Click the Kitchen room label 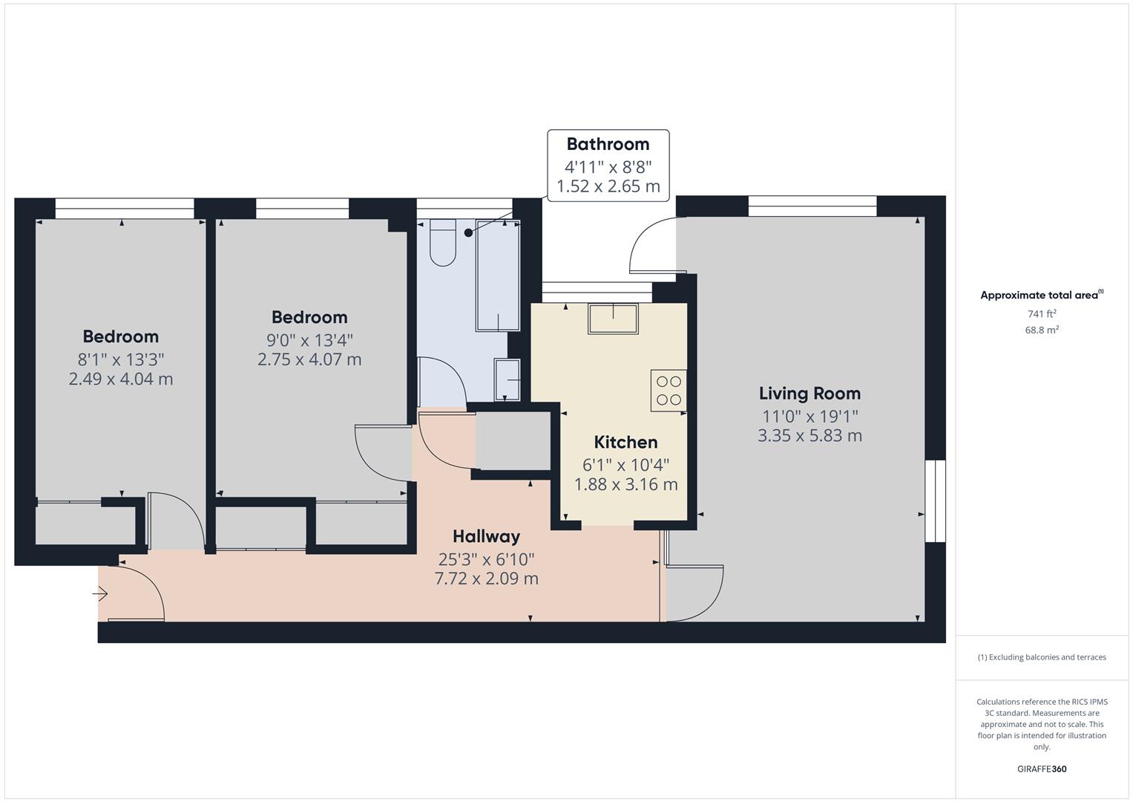click(625, 443)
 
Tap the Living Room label click(809, 394)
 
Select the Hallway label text click(486, 536)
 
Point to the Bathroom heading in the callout click(608, 144)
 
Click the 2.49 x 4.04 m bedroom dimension click(121, 379)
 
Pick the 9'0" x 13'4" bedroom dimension click(309, 340)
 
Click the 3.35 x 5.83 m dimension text click(809, 436)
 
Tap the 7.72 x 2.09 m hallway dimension click(486, 578)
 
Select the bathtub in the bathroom click(498, 275)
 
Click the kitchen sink click(613, 319)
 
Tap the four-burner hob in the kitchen click(669, 391)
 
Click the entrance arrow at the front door click(101, 594)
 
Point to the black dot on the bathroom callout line click(468, 232)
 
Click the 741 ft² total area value click(1041, 314)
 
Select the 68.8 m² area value click(1041, 330)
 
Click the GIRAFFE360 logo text click(1041, 769)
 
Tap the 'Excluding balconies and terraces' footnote click(1041, 657)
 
